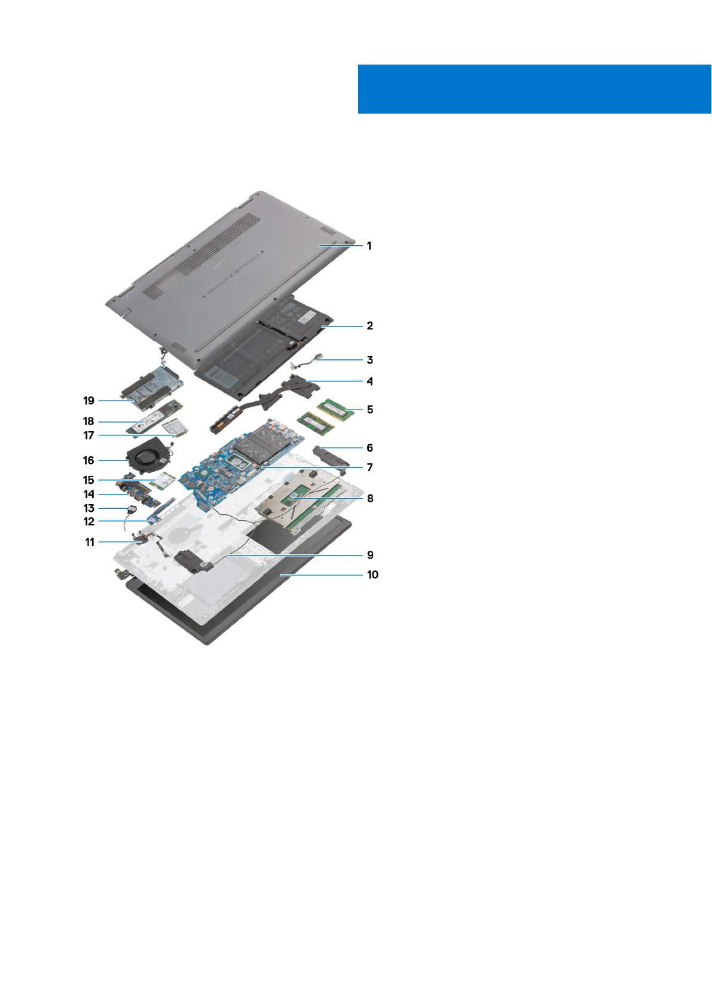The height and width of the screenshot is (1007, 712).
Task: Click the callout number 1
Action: tap(369, 246)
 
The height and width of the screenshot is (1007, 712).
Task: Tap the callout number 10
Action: tap(372, 575)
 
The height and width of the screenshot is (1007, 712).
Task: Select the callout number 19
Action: tap(88, 401)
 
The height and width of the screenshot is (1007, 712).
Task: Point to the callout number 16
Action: tap(88, 460)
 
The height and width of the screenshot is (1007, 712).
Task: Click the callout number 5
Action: tap(370, 410)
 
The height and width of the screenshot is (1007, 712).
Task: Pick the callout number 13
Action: tap(89, 508)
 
